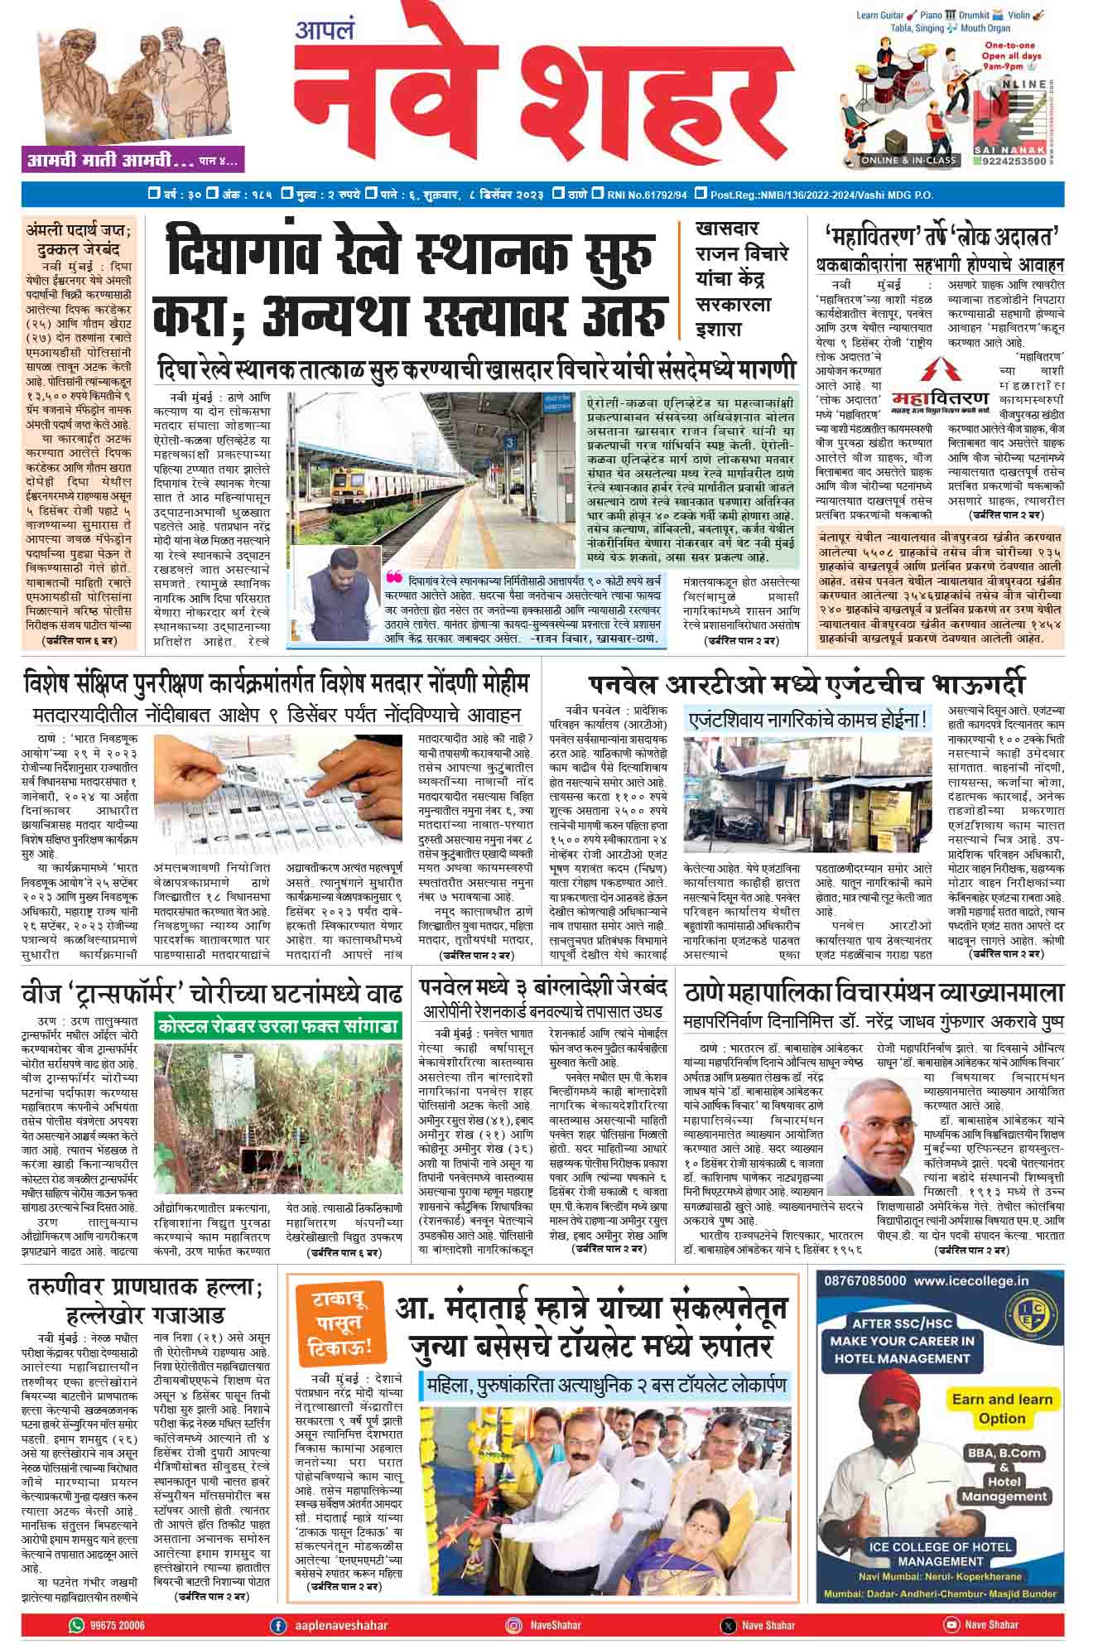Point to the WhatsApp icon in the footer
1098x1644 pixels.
pyautogui.click(x=78, y=1625)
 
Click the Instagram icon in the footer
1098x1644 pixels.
pyautogui.click(x=513, y=1625)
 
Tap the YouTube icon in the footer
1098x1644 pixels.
pyautogui.click(x=951, y=1625)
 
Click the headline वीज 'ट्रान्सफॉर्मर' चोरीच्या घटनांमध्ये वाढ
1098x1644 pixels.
pyautogui.click(x=212, y=992)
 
